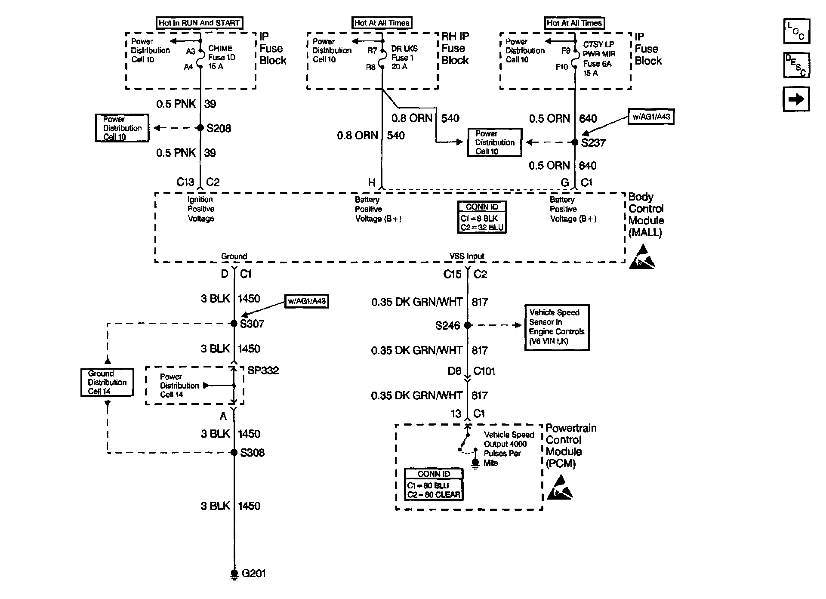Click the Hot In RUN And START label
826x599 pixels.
[199, 23]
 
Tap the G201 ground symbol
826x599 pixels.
[234, 574]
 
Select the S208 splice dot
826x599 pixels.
[200, 128]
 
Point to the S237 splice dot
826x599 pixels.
[575, 142]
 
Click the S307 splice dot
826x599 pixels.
[234, 324]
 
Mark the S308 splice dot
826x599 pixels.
[234, 452]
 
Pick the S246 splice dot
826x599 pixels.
[468, 325]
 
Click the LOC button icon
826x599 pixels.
[796, 31]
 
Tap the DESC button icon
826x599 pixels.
[796, 65]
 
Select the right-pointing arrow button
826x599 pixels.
[796, 99]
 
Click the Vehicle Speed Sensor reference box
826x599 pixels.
[557, 327]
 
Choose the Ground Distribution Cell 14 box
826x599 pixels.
[107, 382]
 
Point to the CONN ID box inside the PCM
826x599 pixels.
[434, 485]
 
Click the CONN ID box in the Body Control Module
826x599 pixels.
[482, 217]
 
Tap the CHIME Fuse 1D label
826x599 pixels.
[222, 57]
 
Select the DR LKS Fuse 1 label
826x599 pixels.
[404, 57]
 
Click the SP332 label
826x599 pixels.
[263, 371]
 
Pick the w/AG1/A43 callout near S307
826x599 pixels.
[307, 301]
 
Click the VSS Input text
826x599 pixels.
[467, 256]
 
